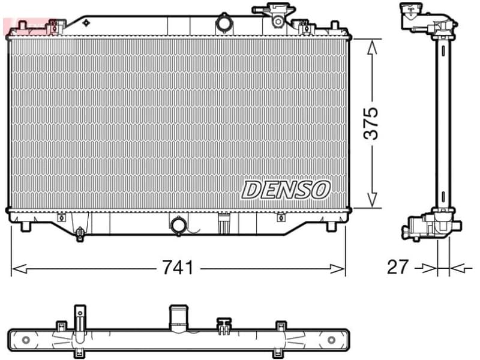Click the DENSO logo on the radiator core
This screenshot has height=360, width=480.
tap(286, 190)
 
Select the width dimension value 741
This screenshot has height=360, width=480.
tap(178, 268)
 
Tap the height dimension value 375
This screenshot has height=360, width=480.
tap(373, 124)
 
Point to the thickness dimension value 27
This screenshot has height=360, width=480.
tap(397, 267)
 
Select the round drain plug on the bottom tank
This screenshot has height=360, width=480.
tap(178, 226)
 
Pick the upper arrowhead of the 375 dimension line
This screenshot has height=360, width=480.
tap(373, 46)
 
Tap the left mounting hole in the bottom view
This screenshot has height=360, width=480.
tap(25, 340)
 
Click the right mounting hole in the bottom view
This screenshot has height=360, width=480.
tap(331, 340)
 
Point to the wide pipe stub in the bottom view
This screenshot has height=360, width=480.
tap(178, 317)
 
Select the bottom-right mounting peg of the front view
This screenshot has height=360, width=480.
tap(332, 227)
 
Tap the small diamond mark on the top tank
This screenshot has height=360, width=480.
tap(86, 22)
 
